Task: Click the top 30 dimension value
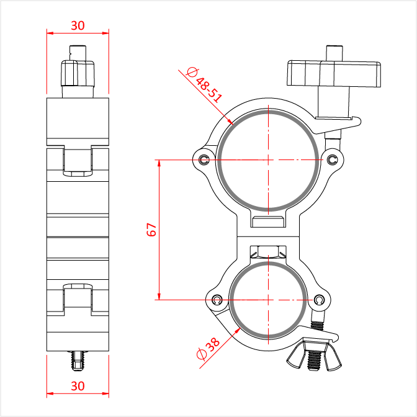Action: coord(78,25)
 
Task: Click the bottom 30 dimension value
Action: coord(78,386)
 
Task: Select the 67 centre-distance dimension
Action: coord(151,230)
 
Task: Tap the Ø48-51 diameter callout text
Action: coord(204,85)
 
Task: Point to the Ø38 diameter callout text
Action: coord(208,349)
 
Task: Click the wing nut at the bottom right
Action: coord(315,354)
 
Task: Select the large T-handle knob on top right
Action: coord(334,74)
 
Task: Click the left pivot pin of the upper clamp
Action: coord(204,160)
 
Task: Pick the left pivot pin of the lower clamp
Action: coord(217,300)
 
